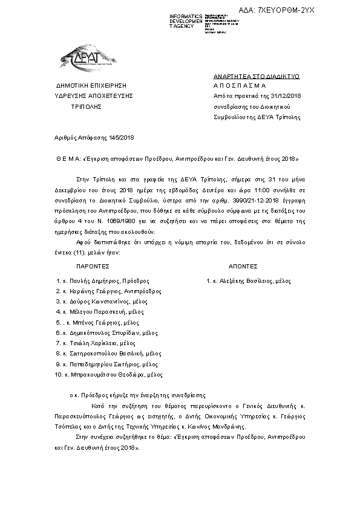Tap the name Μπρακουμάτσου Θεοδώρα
pos(103,375)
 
